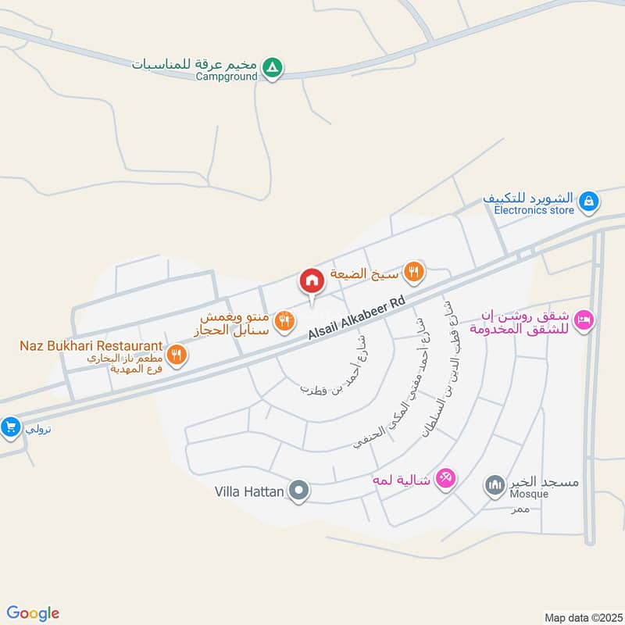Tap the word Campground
(x=227, y=77)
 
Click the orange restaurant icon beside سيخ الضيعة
(x=414, y=273)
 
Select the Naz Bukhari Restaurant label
(x=91, y=345)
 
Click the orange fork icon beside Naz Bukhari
(x=177, y=354)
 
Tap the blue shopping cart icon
(x=10, y=427)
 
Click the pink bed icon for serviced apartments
(x=584, y=320)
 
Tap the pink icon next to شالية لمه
(x=445, y=477)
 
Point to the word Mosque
(x=530, y=495)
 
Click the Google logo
(x=33, y=613)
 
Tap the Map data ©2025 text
(x=582, y=616)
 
